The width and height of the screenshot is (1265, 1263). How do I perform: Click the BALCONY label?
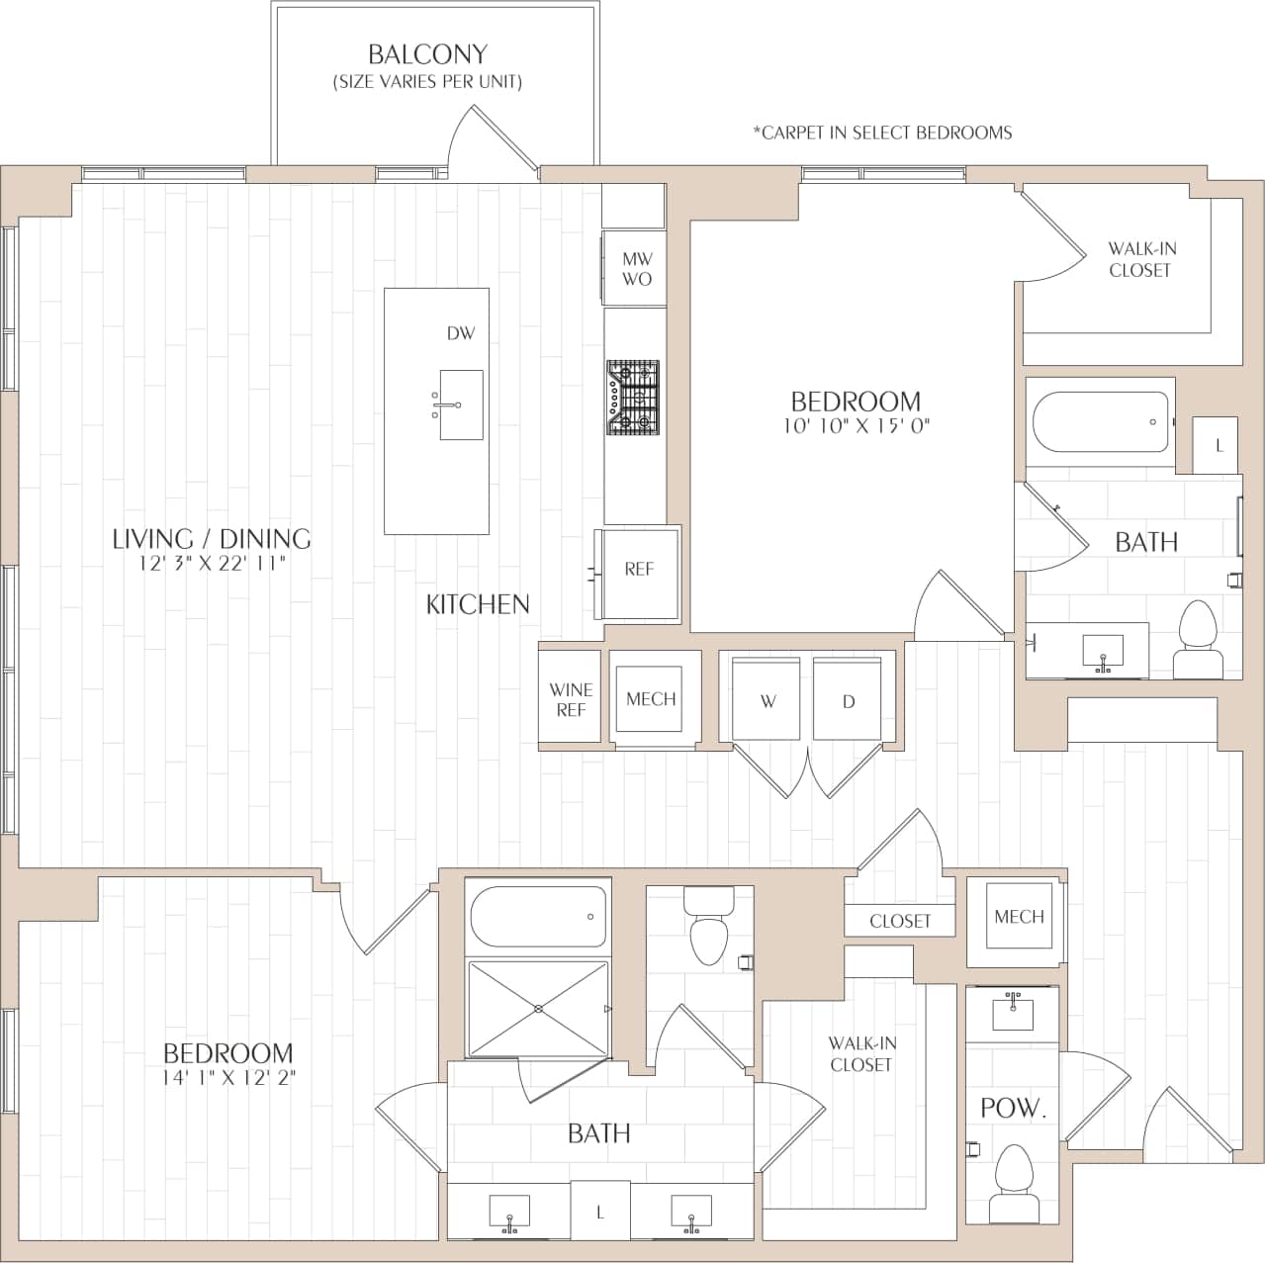point(427,54)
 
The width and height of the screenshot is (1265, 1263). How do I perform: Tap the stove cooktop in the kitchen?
point(633,398)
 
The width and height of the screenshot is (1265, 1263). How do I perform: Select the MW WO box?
point(636,269)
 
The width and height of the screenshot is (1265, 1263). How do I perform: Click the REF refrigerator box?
point(639,570)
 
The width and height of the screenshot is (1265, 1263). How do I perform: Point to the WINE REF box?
point(571,699)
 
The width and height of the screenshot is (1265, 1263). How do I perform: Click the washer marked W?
point(768,701)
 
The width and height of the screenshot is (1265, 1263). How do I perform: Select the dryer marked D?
point(848,701)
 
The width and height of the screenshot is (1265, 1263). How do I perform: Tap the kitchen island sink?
point(461,405)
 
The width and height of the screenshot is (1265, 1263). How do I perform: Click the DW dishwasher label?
point(461,333)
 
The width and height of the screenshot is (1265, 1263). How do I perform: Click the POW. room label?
point(1013,1109)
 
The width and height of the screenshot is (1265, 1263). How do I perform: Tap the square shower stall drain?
point(538,1009)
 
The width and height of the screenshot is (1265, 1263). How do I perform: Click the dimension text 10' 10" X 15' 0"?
point(856,426)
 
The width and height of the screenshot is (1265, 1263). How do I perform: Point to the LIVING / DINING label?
point(212,539)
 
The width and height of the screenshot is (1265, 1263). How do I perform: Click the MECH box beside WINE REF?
point(651,699)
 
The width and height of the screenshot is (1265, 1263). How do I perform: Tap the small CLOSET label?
point(900,921)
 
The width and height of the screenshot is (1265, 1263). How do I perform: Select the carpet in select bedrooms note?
point(882,133)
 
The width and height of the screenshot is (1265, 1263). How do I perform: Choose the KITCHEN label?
point(478,604)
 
